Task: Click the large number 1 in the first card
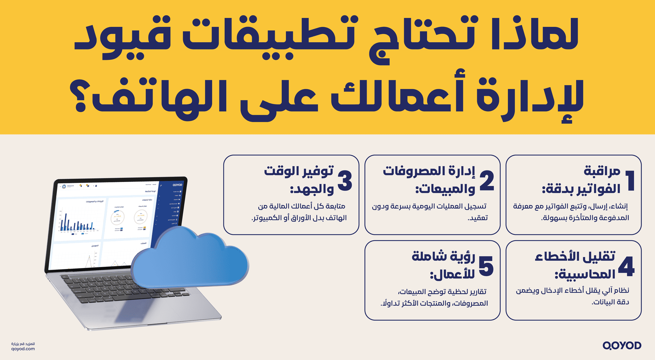point(630,180)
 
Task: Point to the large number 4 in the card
point(626,266)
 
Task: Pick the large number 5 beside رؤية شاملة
point(486,266)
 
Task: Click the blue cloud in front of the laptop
point(190,259)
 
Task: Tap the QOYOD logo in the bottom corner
point(622,346)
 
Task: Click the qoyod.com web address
point(23,349)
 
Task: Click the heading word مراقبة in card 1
point(602,171)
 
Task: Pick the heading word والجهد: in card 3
point(311,189)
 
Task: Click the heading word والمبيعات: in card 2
point(445,189)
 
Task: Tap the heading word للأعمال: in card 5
point(452,274)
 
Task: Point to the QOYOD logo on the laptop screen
point(177,185)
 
